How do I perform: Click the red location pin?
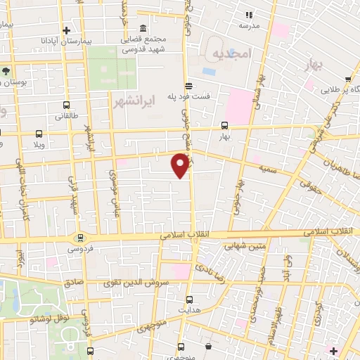[181, 165]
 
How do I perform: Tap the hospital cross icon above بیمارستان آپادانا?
[67, 30]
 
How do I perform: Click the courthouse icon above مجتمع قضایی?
[143, 28]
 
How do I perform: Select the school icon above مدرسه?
[247, 14]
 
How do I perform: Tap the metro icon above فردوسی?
[82, 237]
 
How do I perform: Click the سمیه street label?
[266, 170]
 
